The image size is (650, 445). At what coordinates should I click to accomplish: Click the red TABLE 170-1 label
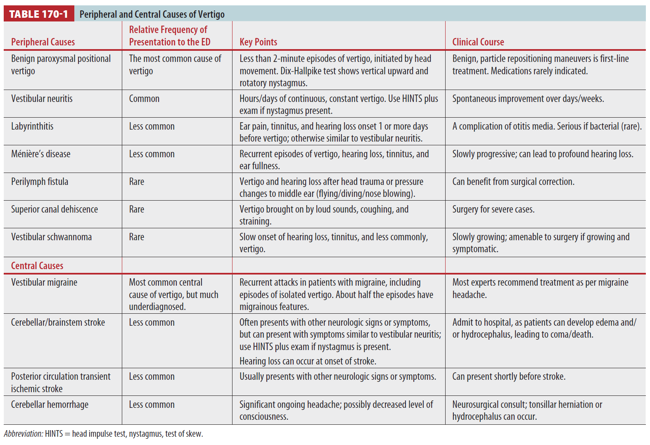click(38, 14)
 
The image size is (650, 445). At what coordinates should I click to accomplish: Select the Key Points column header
click(258, 42)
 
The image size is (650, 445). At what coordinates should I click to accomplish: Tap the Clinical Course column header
click(478, 42)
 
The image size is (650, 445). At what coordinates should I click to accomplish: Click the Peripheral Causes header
click(43, 42)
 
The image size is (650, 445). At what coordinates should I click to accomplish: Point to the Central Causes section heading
click(37, 265)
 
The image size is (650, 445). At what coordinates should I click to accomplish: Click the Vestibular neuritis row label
click(42, 99)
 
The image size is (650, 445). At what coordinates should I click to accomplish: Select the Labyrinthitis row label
click(32, 126)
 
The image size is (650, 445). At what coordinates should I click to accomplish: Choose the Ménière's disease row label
click(40, 154)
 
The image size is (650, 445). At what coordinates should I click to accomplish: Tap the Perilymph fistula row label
click(40, 182)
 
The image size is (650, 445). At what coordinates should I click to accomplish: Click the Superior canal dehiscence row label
click(55, 209)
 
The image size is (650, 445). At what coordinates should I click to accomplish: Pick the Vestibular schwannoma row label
click(51, 237)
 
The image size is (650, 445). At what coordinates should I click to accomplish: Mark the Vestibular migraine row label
click(44, 282)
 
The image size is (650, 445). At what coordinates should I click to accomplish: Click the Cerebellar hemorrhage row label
click(50, 405)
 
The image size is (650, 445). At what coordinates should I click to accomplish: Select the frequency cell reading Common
click(144, 99)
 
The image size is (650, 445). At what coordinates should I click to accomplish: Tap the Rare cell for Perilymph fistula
click(137, 182)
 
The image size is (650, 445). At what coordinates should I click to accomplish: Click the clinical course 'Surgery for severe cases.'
click(493, 209)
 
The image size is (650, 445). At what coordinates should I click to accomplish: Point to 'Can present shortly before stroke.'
click(509, 376)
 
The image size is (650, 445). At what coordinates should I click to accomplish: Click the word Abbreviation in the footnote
click(23, 434)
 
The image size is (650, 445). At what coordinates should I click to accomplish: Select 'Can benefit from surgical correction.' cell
click(513, 182)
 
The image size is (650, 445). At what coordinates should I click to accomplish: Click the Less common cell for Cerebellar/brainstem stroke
click(152, 322)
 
